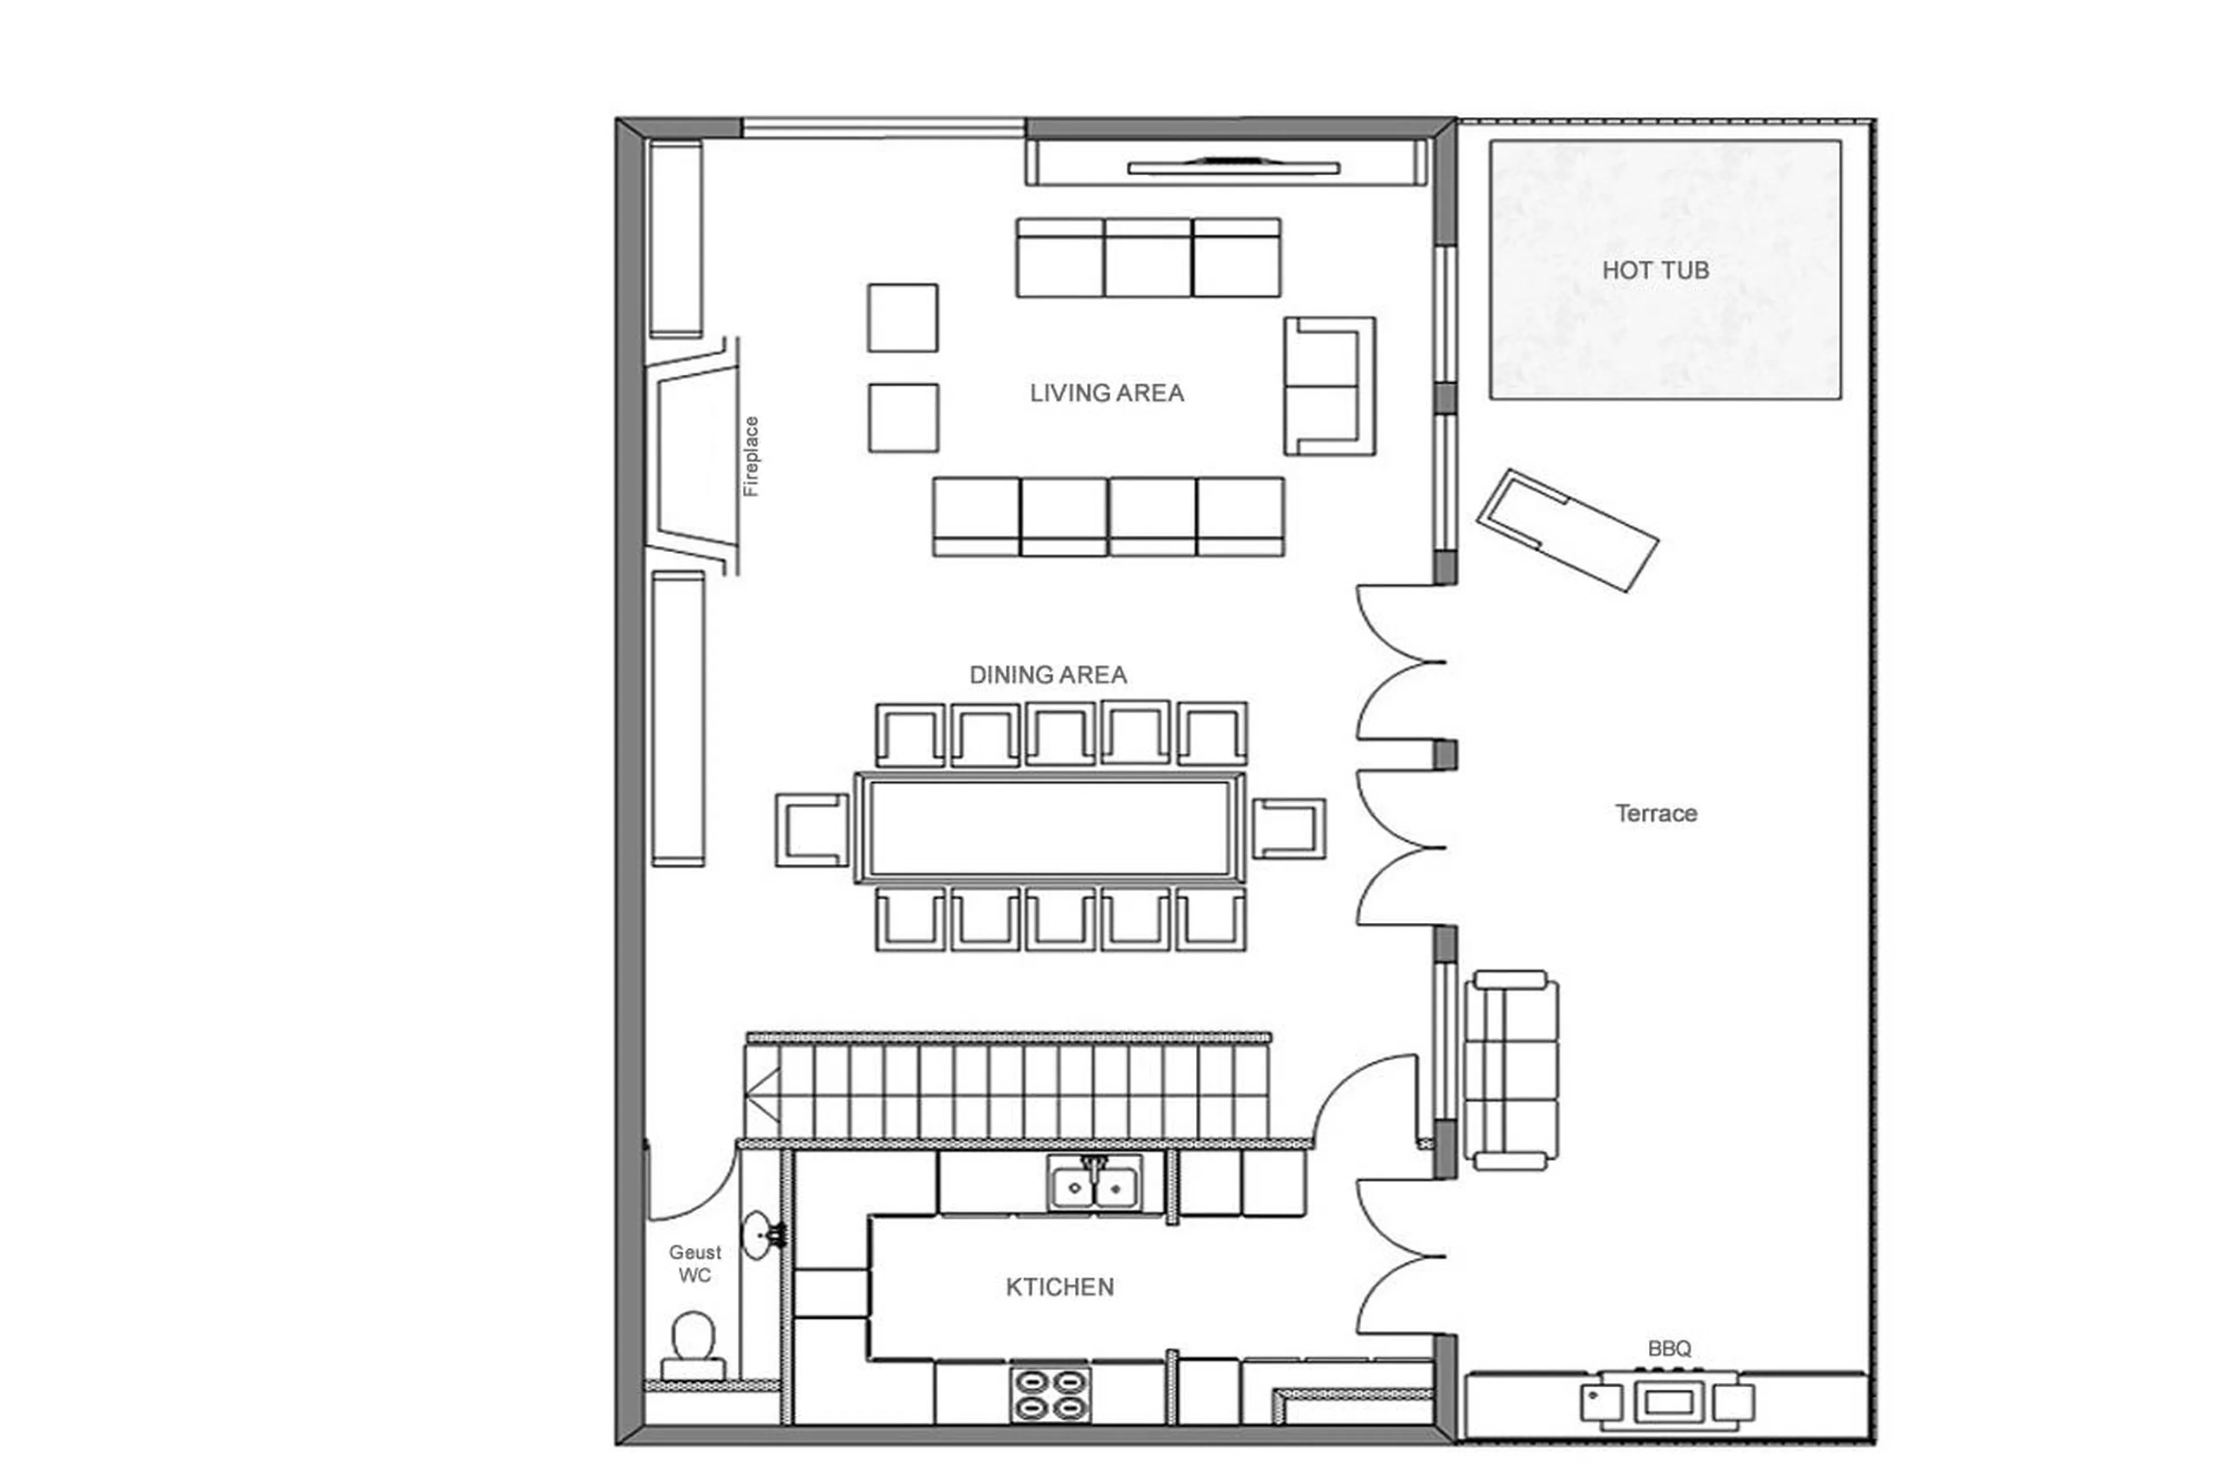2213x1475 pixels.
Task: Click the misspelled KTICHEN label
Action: click(1059, 1287)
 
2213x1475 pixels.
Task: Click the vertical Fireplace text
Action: click(750, 457)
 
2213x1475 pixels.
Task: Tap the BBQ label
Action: click(1670, 1348)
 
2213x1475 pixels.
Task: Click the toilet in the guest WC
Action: click(693, 1346)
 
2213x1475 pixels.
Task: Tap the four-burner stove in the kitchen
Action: click(1051, 1395)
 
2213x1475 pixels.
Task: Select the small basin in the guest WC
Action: click(757, 1234)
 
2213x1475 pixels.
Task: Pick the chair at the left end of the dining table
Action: click(811, 829)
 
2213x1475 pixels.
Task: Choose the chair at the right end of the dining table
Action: click(1289, 829)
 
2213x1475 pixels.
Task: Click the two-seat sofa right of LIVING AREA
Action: click(1329, 387)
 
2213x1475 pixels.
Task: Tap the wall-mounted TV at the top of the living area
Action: click(1233, 167)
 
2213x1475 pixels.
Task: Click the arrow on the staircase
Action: click(764, 1095)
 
